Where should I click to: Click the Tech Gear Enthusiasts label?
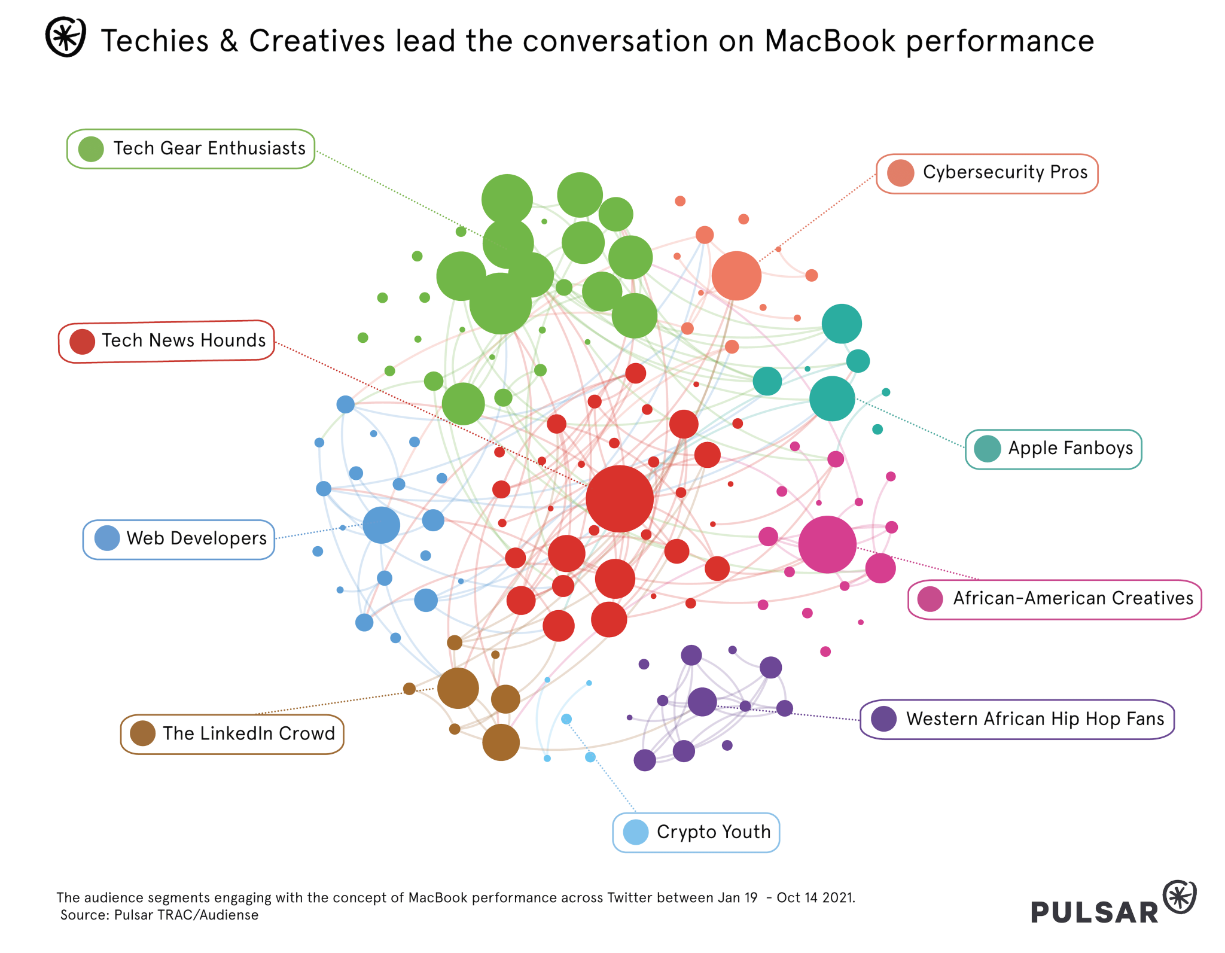pos(191,149)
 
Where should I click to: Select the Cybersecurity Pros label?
pos(987,173)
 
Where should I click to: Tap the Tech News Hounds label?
pos(166,341)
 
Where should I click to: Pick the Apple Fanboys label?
pos(1053,449)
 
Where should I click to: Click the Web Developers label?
pos(179,539)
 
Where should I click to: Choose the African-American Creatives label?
pos(1055,599)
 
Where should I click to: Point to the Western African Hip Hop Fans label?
pos(1017,719)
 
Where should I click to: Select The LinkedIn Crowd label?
pos(232,734)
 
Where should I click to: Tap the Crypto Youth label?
pos(696,832)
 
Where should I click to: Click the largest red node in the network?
pos(620,499)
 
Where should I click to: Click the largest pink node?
pos(827,545)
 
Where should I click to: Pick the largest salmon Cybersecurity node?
pos(736,276)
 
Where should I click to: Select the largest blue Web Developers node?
pos(381,525)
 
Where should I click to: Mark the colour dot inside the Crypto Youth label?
pos(635,832)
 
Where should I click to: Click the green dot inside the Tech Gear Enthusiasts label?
pos(91,149)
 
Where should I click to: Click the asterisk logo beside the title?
pos(66,37)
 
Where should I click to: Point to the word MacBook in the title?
pos(830,41)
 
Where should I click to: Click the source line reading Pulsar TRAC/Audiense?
pos(160,915)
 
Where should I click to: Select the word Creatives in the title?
pos(317,41)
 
